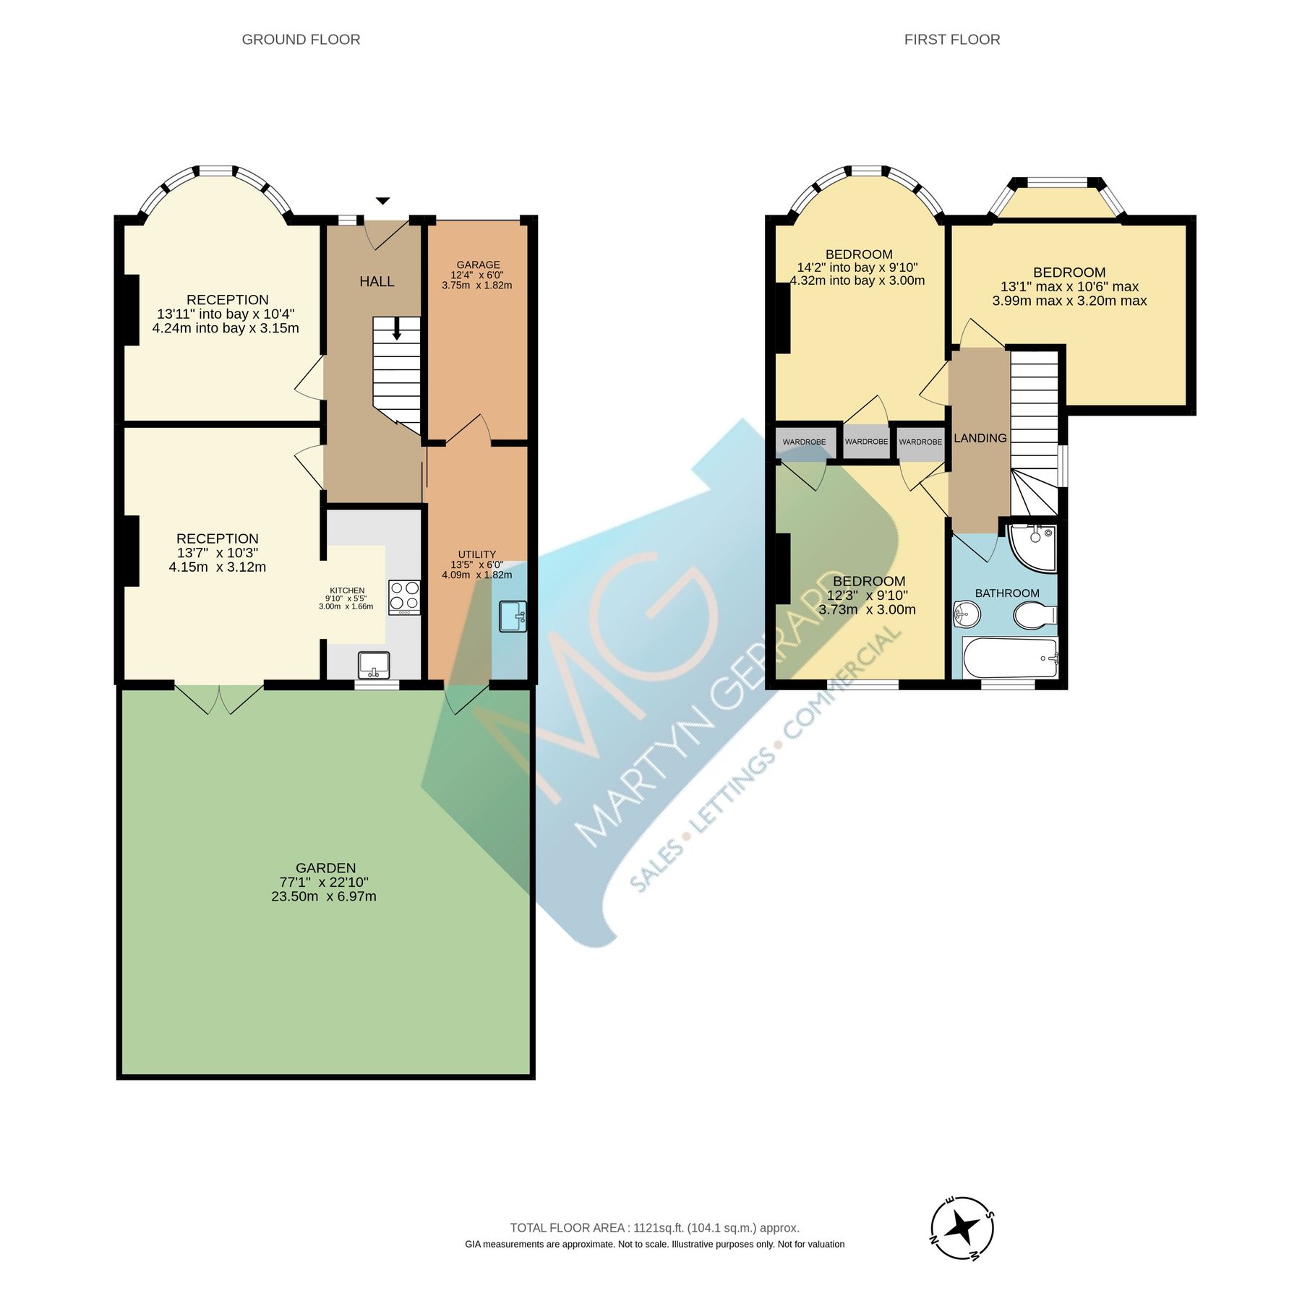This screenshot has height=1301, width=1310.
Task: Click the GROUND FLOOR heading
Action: (x=301, y=40)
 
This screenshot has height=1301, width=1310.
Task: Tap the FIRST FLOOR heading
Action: (x=951, y=40)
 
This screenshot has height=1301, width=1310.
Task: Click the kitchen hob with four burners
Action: (x=404, y=596)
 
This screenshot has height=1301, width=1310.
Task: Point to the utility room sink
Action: (x=513, y=616)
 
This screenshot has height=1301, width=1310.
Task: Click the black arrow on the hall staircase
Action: (x=397, y=330)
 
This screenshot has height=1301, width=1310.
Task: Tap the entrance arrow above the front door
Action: (x=382, y=201)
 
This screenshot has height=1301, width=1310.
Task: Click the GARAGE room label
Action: (x=477, y=265)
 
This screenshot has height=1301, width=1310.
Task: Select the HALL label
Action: (x=377, y=282)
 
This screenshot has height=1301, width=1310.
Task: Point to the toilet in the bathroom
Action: (x=1035, y=616)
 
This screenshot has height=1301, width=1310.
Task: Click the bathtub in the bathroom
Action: (x=1009, y=658)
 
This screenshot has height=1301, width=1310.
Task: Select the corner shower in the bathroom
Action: (x=1035, y=546)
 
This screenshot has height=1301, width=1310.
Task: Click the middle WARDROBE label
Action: (x=866, y=442)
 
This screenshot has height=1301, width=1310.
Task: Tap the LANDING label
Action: (x=980, y=438)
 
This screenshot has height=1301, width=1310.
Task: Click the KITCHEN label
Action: (x=347, y=591)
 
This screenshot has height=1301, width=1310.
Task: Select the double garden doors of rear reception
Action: (x=219, y=697)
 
